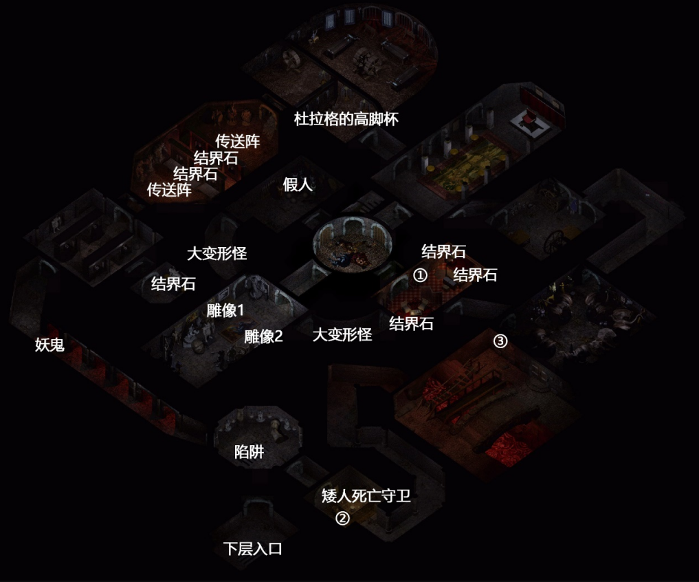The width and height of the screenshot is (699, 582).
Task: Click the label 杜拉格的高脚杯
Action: [346, 119]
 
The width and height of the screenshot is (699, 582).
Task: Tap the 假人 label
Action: [298, 184]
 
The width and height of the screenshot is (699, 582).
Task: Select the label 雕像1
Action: [225, 310]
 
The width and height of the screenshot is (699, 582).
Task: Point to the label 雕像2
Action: [263, 336]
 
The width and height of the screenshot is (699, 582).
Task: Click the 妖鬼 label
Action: [50, 345]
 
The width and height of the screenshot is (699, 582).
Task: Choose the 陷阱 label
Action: [249, 452]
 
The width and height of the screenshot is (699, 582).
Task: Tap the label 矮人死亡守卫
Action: [366, 495]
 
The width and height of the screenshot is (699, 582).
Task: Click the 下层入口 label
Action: [253, 548]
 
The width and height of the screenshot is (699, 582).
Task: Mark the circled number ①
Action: [420, 275]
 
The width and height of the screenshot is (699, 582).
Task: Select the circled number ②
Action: [342, 518]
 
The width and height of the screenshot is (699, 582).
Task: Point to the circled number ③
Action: [500, 341]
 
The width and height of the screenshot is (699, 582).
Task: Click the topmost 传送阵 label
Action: [238, 141]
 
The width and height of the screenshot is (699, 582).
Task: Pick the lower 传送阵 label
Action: [169, 190]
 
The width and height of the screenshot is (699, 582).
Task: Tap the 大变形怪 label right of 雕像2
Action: [342, 334]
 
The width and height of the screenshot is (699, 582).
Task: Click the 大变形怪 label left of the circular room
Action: [217, 254]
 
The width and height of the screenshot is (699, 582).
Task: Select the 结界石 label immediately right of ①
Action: [475, 274]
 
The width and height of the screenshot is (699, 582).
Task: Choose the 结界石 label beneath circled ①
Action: [411, 323]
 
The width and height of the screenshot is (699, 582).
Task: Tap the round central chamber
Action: [352, 244]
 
